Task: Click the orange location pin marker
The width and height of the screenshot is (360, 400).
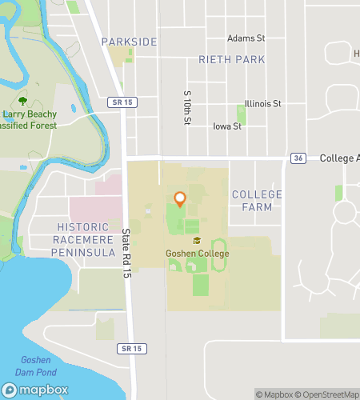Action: pyautogui.click(x=180, y=199)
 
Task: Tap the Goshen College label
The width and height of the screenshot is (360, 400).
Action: pyautogui.click(x=197, y=254)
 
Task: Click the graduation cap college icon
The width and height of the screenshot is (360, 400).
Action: pyautogui.click(x=196, y=240)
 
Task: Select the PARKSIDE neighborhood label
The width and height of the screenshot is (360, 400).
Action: pyautogui.click(x=125, y=40)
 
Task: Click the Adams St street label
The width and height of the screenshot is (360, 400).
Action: pyautogui.click(x=246, y=38)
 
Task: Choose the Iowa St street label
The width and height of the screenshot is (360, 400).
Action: pyautogui.click(x=227, y=126)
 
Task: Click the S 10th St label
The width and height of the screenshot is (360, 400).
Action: pyautogui.click(x=187, y=106)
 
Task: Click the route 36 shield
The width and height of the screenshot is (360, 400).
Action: pyautogui.click(x=298, y=158)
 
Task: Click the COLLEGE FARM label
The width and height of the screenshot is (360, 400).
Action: pyautogui.click(x=256, y=201)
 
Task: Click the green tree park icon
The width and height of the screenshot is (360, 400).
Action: pyautogui.click(x=22, y=101)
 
